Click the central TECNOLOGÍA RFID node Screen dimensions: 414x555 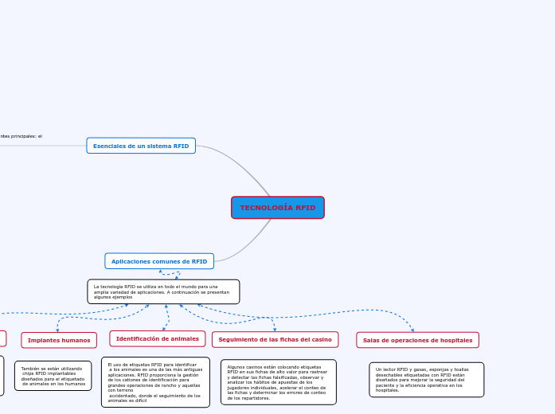278,208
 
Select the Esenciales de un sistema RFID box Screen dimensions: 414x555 141,146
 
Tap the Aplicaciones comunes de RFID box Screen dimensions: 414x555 159,261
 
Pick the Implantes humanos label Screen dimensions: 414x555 59,340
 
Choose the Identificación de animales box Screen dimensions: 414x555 158,339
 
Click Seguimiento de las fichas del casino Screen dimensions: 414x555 275,340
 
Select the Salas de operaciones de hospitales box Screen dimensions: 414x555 417,340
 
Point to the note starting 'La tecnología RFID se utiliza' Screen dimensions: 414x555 163,291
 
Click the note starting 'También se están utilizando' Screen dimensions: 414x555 53,376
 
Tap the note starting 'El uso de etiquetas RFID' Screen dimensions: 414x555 155,382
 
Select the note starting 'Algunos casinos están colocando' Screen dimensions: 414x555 278,382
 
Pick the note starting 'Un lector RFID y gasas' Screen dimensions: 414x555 426,380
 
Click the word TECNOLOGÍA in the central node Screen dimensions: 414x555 267,208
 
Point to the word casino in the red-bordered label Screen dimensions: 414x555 321,340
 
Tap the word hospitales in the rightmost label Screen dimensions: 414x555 456,340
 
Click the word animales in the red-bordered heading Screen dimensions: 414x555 185,339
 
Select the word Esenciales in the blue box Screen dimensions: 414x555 108,146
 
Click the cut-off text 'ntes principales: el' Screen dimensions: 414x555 21,136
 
